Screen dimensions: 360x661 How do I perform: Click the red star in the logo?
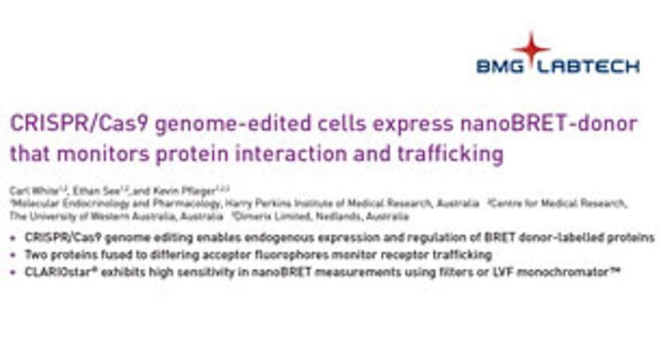point(531,45)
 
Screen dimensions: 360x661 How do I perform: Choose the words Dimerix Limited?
point(266,216)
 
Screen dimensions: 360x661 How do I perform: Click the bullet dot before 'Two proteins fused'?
point(14,254)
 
